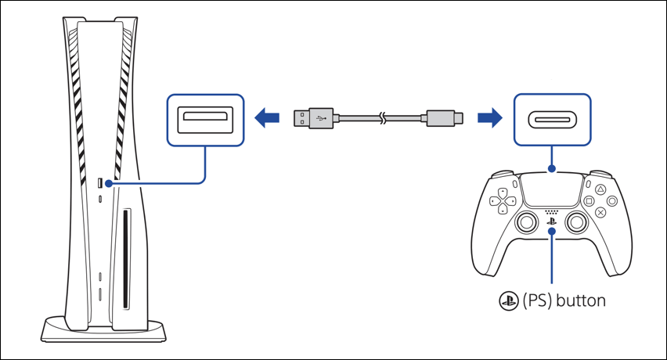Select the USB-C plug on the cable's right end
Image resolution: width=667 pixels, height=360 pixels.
[445, 119]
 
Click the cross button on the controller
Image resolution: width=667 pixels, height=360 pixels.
[600, 211]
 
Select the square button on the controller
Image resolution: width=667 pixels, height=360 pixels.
[589, 200]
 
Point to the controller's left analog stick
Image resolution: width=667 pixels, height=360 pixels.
[522, 223]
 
